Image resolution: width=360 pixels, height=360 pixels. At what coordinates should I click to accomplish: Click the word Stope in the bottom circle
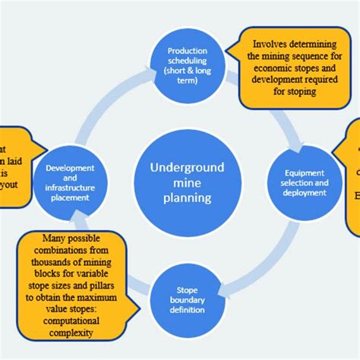click(x=186, y=289)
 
